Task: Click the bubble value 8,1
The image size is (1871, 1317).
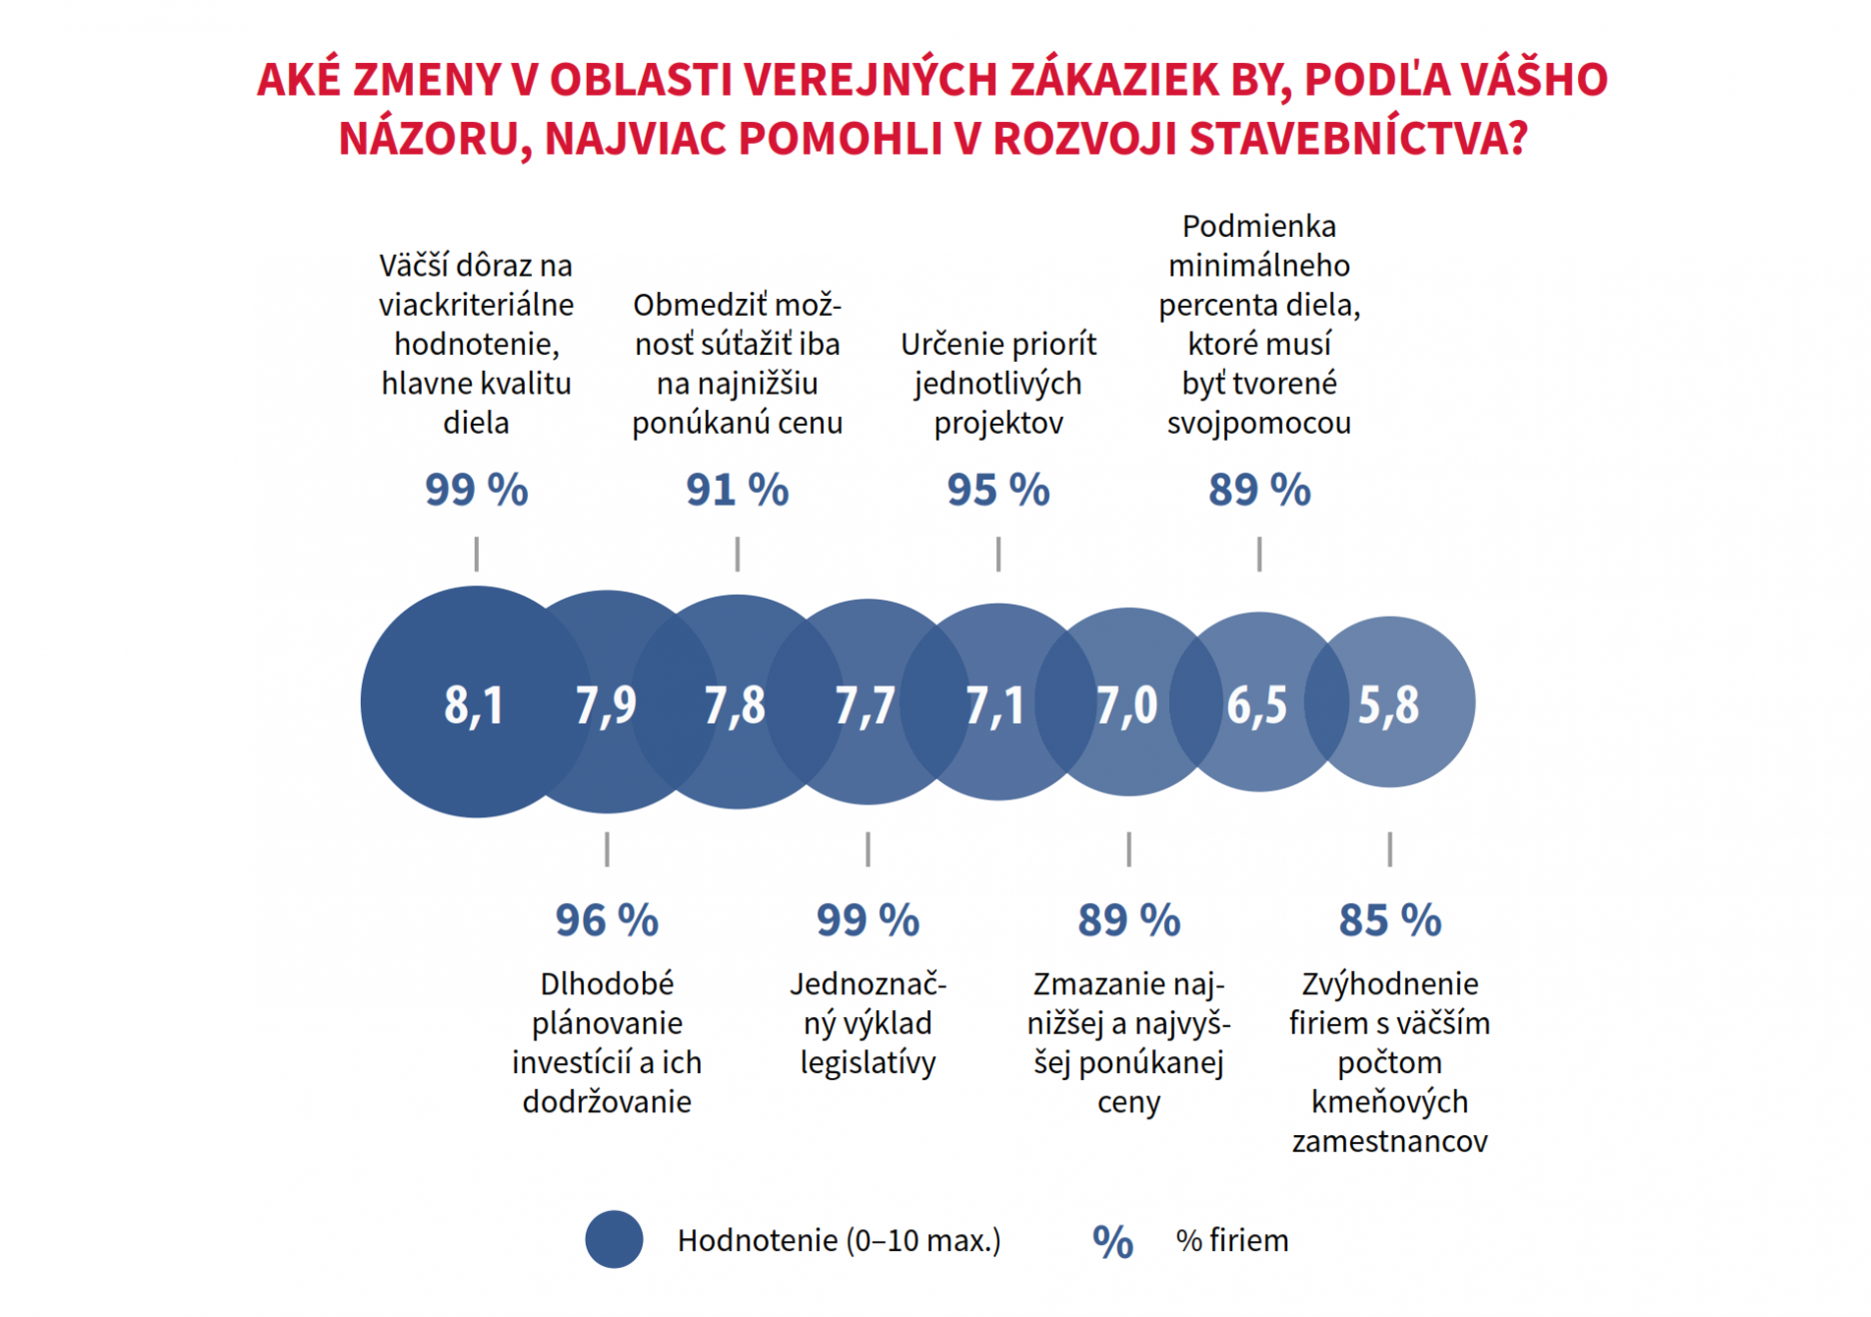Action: (474, 704)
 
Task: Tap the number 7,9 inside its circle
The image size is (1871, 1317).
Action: (606, 704)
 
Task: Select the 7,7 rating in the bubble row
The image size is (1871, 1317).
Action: (866, 704)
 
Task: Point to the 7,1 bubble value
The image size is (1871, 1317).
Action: (995, 704)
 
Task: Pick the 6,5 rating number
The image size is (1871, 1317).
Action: (1257, 704)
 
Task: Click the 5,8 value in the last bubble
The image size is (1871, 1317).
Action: (1388, 704)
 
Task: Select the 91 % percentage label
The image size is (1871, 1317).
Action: (738, 490)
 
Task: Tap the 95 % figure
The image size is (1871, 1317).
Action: (998, 490)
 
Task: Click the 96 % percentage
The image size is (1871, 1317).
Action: (607, 920)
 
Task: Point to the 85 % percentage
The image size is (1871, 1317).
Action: (1390, 920)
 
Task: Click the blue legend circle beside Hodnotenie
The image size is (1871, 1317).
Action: (614, 1240)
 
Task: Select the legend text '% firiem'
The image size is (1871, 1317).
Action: (1232, 1241)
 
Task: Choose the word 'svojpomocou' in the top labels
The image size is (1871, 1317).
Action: (1259, 423)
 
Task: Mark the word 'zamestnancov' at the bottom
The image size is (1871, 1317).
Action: (1390, 1141)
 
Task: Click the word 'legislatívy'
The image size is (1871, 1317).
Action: (868, 1062)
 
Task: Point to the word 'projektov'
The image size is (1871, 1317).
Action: (998, 423)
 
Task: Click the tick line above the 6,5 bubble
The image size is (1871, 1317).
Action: (1259, 554)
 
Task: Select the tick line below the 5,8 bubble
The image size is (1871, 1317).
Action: (1390, 849)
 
